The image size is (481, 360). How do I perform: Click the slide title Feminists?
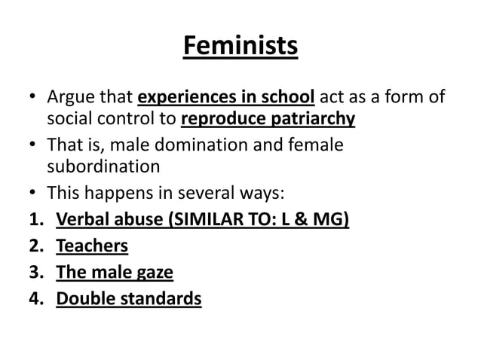pos(240,47)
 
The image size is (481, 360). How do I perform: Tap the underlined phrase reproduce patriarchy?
pos(268,119)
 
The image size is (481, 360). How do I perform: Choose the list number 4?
pos(33,299)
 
